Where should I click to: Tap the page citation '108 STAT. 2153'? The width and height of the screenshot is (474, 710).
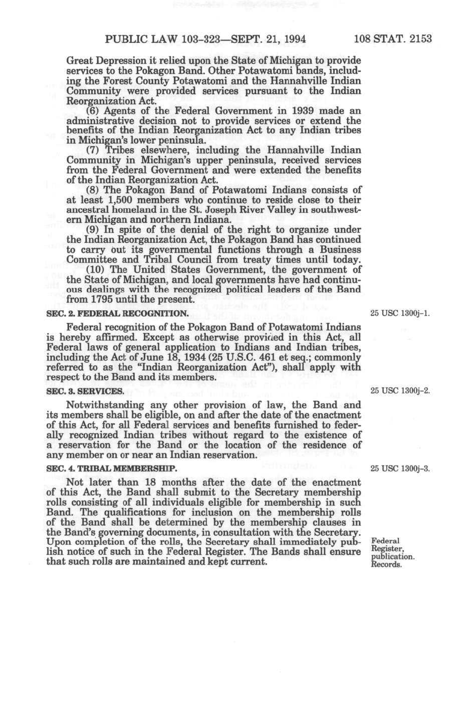pos(393,39)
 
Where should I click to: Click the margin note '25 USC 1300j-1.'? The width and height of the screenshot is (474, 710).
pos(400,313)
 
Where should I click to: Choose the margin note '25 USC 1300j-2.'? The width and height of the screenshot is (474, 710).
pos(400,391)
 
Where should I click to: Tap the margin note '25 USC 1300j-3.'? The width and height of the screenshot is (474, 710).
pos(400,469)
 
